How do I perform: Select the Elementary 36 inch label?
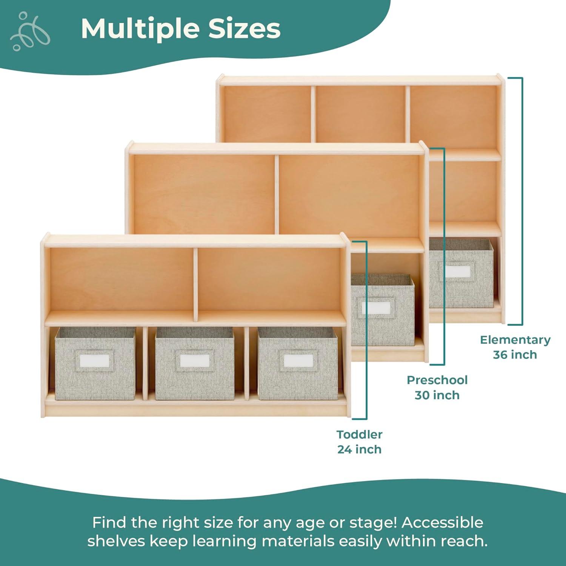click(515, 347)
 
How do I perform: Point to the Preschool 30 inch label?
click(437, 388)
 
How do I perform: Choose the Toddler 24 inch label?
click(359, 442)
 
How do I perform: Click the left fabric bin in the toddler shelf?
click(95, 363)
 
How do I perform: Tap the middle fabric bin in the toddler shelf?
click(195, 363)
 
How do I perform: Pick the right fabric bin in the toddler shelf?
click(297, 363)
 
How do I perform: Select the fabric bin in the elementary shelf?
click(461, 273)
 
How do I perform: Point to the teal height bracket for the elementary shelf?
click(522, 201)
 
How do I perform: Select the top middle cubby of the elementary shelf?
click(360, 114)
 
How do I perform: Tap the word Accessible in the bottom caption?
click(442, 523)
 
